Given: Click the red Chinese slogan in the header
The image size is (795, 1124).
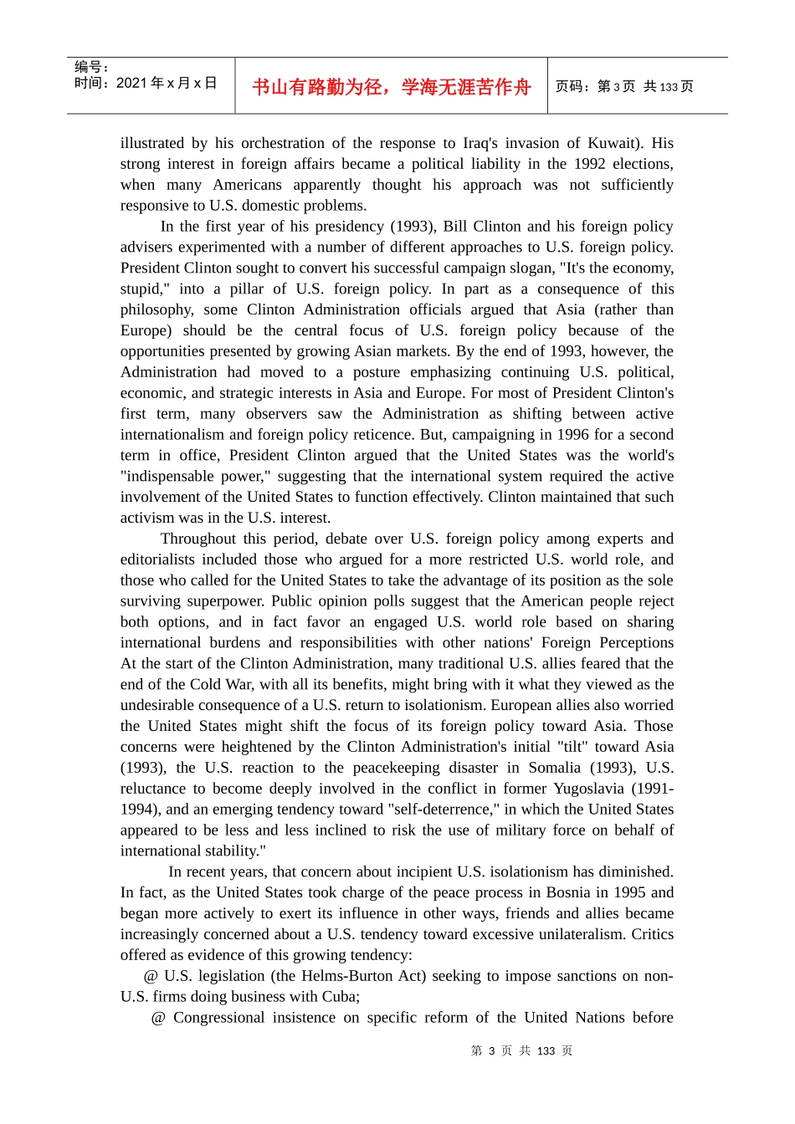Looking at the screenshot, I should [x=391, y=87].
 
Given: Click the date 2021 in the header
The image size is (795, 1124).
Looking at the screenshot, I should [x=131, y=84].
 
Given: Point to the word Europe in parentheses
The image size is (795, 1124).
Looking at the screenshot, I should [x=146, y=330].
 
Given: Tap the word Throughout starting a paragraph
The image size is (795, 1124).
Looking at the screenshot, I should [x=198, y=539].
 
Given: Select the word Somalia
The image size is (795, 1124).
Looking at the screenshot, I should [x=554, y=768].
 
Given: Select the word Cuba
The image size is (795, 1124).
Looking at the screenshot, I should [x=340, y=997].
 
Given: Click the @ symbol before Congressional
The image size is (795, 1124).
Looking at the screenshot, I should [x=158, y=1018].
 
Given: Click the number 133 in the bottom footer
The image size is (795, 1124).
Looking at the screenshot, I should [x=546, y=1051].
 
